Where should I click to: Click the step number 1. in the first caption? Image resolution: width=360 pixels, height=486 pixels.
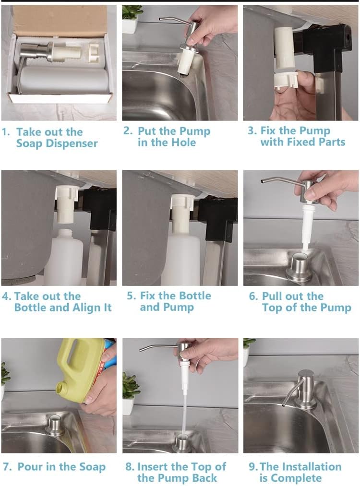6,132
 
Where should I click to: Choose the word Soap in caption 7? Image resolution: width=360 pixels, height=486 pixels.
93,467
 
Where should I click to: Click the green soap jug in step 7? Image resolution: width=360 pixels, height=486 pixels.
81,369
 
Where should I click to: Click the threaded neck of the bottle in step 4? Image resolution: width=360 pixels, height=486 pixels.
65,234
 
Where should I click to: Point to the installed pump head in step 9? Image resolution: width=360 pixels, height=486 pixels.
305,388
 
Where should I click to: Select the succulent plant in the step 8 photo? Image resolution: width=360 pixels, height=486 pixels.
131,386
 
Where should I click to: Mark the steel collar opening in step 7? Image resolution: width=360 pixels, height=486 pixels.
56,419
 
